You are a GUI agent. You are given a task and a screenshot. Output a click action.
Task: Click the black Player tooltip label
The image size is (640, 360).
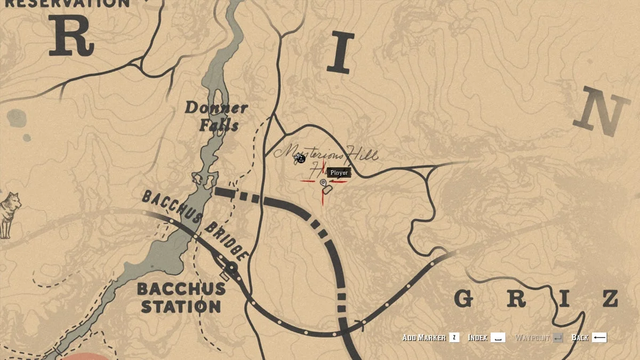pos(339,173)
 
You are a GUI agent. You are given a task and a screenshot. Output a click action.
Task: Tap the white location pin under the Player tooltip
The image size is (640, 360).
pos(323,183)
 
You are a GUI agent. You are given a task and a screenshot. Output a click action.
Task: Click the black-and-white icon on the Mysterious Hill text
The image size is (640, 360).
pos(301,158)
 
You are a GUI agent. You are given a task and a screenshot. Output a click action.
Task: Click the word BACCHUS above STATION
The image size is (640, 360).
pos(181,289)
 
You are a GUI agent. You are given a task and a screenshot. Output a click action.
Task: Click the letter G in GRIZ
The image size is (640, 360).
pos(465,299)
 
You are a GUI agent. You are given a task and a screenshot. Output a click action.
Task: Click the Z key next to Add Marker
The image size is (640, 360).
pos(454,338)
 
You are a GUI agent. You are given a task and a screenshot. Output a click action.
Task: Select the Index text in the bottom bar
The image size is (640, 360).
pos(477,338)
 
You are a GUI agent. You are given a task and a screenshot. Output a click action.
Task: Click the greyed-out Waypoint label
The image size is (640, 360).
pos(531,338)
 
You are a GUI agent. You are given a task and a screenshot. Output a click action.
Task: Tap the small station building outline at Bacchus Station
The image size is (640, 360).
pos(225,275)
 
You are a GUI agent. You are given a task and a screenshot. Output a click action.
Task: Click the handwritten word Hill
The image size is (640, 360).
pos(363,155)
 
